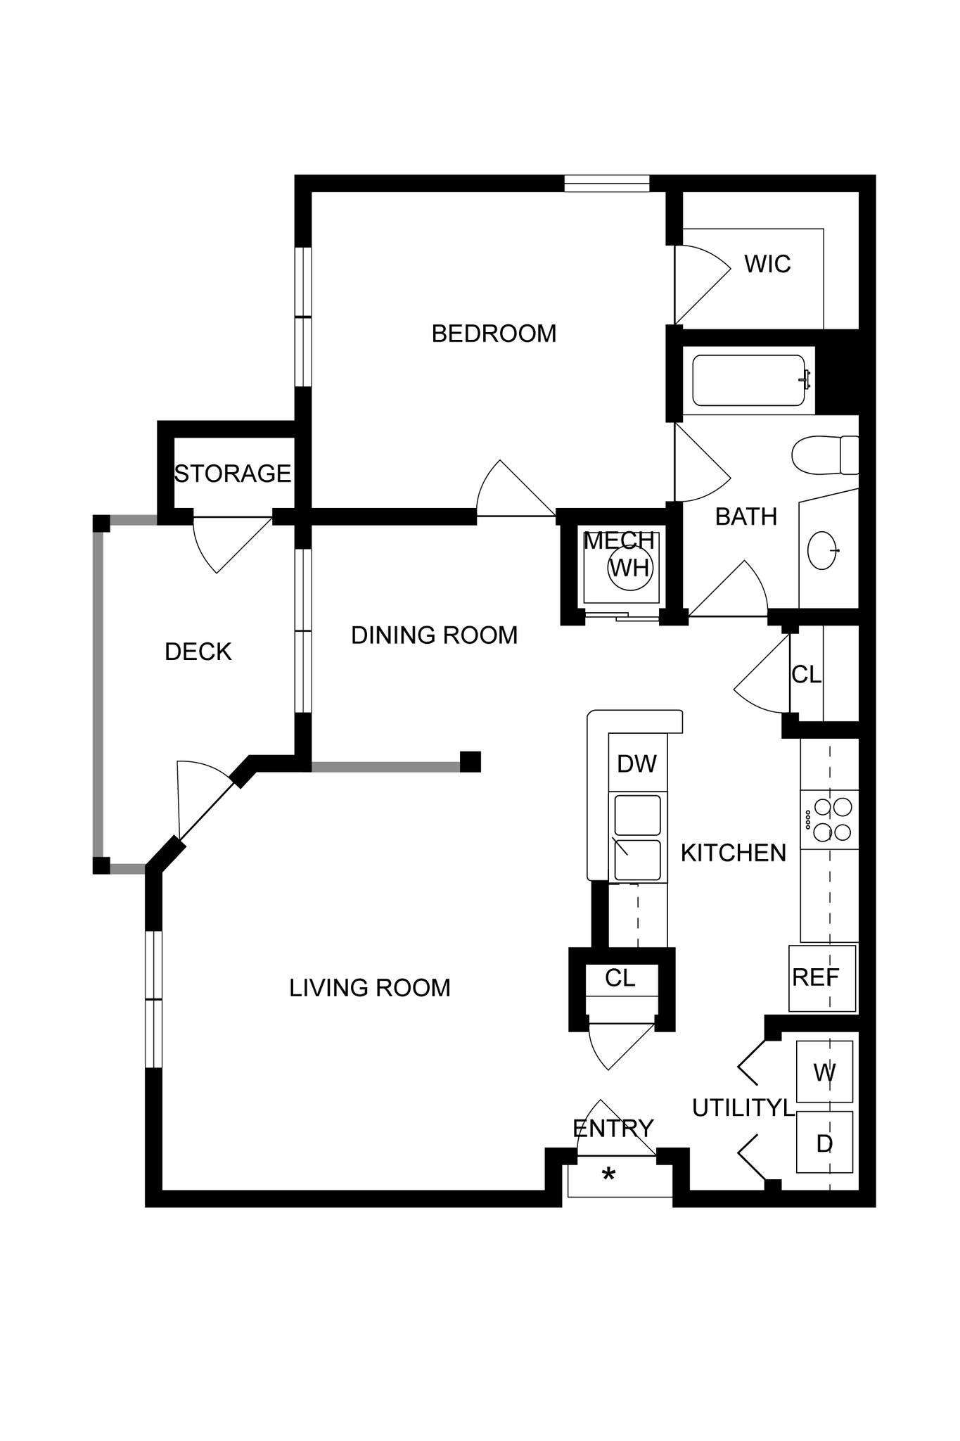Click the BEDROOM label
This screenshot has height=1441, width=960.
[x=494, y=334]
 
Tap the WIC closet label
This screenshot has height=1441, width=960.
[x=767, y=265]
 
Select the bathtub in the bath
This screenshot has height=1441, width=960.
[x=748, y=381]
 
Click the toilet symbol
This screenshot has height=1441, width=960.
[x=823, y=455]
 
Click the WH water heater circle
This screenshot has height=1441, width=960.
[x=630, y=567]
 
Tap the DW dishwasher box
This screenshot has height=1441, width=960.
[x=637, y=763]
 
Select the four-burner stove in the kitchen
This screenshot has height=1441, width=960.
[x=830, y=820]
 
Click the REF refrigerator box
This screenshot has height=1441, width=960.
[x=821, y=977]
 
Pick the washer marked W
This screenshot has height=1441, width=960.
[x=824, y=1072]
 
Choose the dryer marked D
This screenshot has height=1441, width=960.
[x=824, y=1143]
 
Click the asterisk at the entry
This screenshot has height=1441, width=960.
[x=609, y=1174]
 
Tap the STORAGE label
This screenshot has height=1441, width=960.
[x=233, y=474]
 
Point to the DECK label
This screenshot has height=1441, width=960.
[x=198, y=652]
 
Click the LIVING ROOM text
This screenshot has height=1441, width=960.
[x=370, y=988]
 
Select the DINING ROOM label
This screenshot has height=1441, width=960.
[x=434, y=635]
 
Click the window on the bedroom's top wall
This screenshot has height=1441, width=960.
[x=606, y=184]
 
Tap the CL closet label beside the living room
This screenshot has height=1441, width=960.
[x=620, y=978]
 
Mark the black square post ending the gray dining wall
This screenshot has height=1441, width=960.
[x=471, y=762]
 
